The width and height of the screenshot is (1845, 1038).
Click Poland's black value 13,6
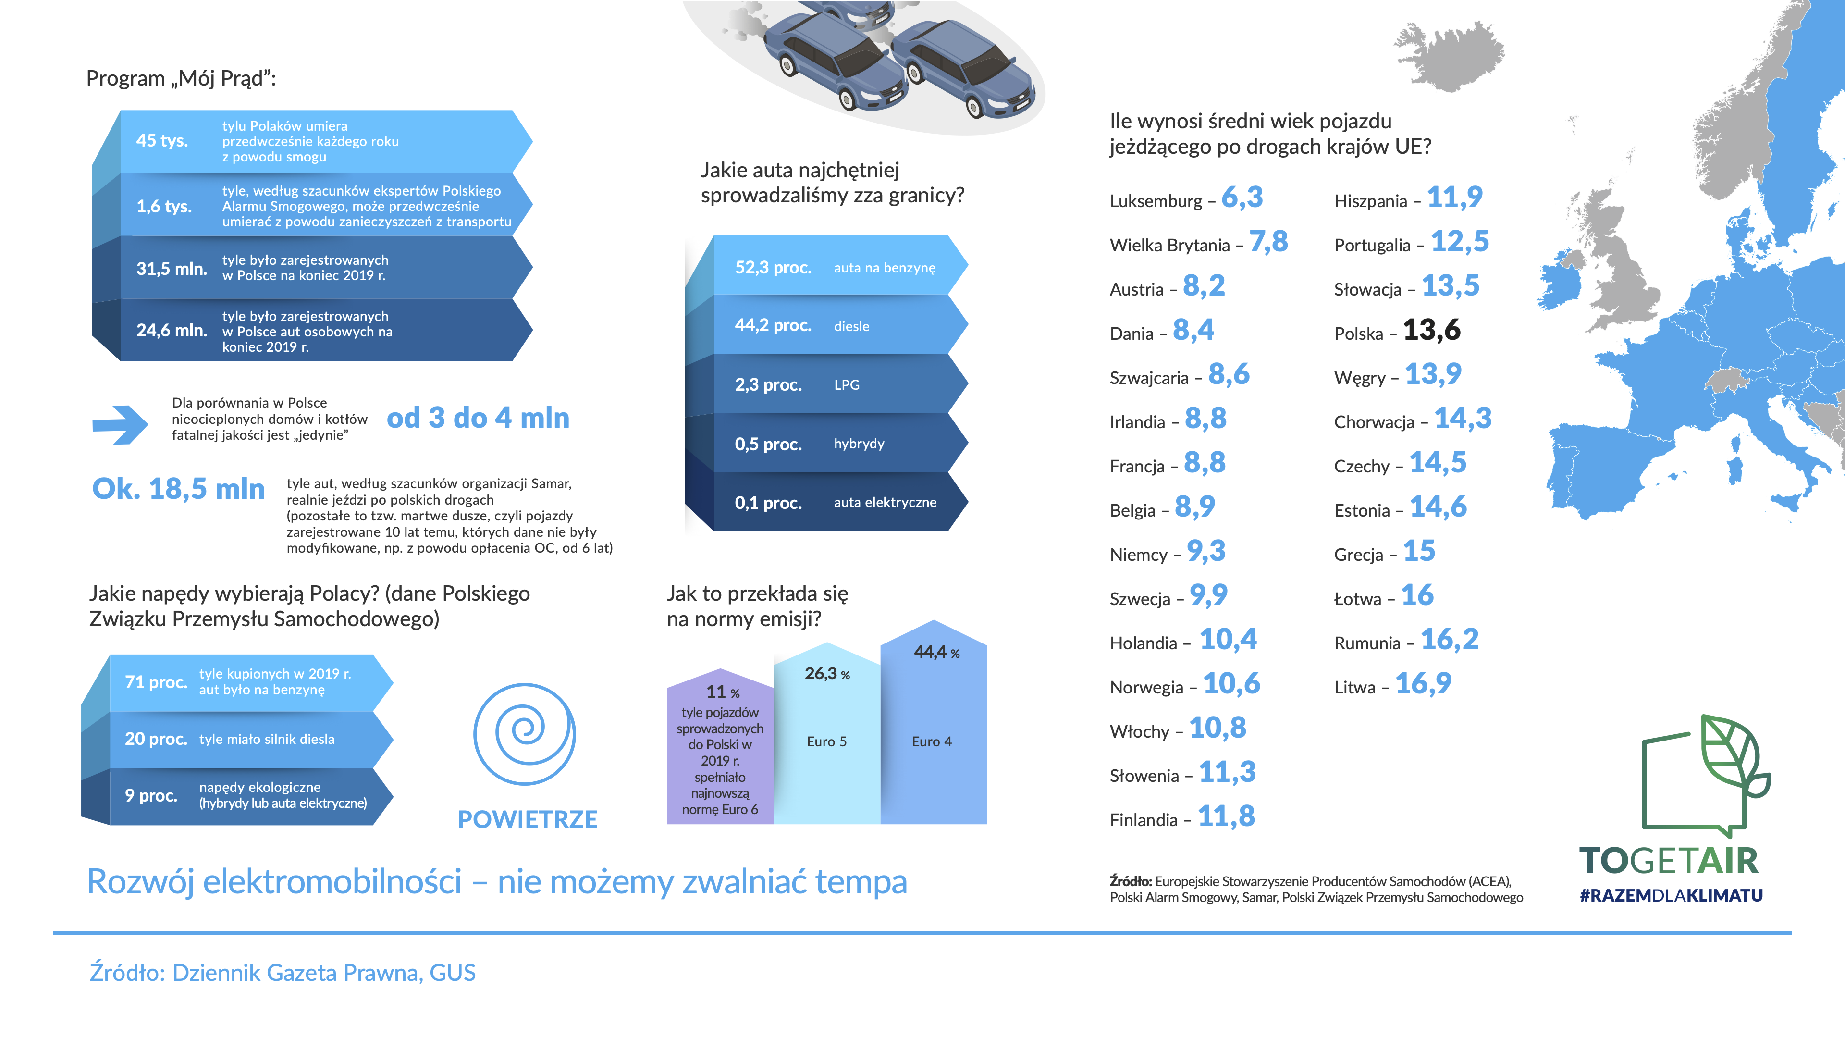coord(1431,330)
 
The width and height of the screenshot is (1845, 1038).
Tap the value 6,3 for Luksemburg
coord(1242,197)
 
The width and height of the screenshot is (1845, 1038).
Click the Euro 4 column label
coord(932,741)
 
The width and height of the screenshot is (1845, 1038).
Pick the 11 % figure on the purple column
coord(723,692)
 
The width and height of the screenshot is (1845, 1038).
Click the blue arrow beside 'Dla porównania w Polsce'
coord(120,425)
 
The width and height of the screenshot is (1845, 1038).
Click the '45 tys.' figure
coord(162,140)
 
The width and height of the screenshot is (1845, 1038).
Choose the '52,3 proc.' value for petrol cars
coord(773,268)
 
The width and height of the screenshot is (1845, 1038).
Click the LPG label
coord(847,384)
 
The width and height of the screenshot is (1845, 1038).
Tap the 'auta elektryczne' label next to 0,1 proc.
coord(885,502)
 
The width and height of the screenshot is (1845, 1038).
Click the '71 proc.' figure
coord(156,682)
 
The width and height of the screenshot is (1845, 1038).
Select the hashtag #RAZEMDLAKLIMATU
coord(1671,895)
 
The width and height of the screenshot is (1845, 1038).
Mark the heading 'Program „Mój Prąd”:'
coord(181,78)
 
